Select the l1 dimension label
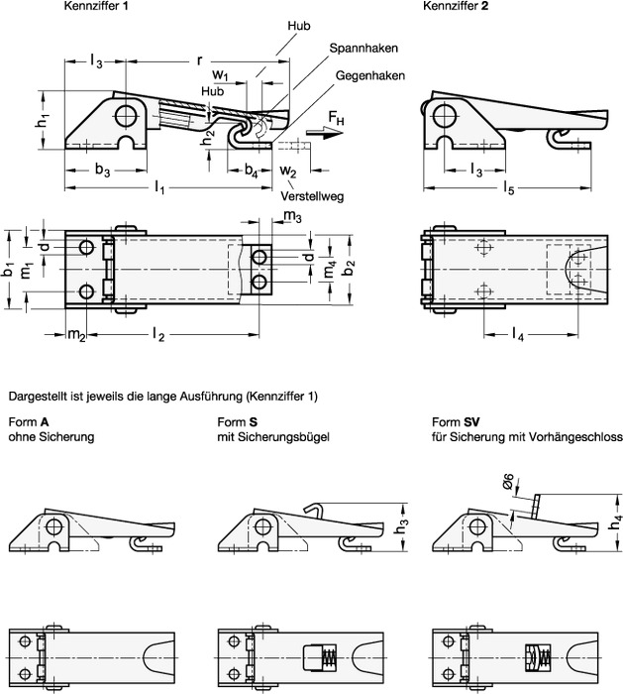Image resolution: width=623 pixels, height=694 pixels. tap(159, 188)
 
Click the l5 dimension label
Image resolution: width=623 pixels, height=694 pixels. tap(507, 187)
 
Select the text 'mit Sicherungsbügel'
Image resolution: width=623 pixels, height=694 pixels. tap(266, 435)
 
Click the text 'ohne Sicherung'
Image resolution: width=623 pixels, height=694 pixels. tap(51, 435)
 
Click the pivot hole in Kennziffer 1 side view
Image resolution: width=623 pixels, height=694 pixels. tap(128, 116)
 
